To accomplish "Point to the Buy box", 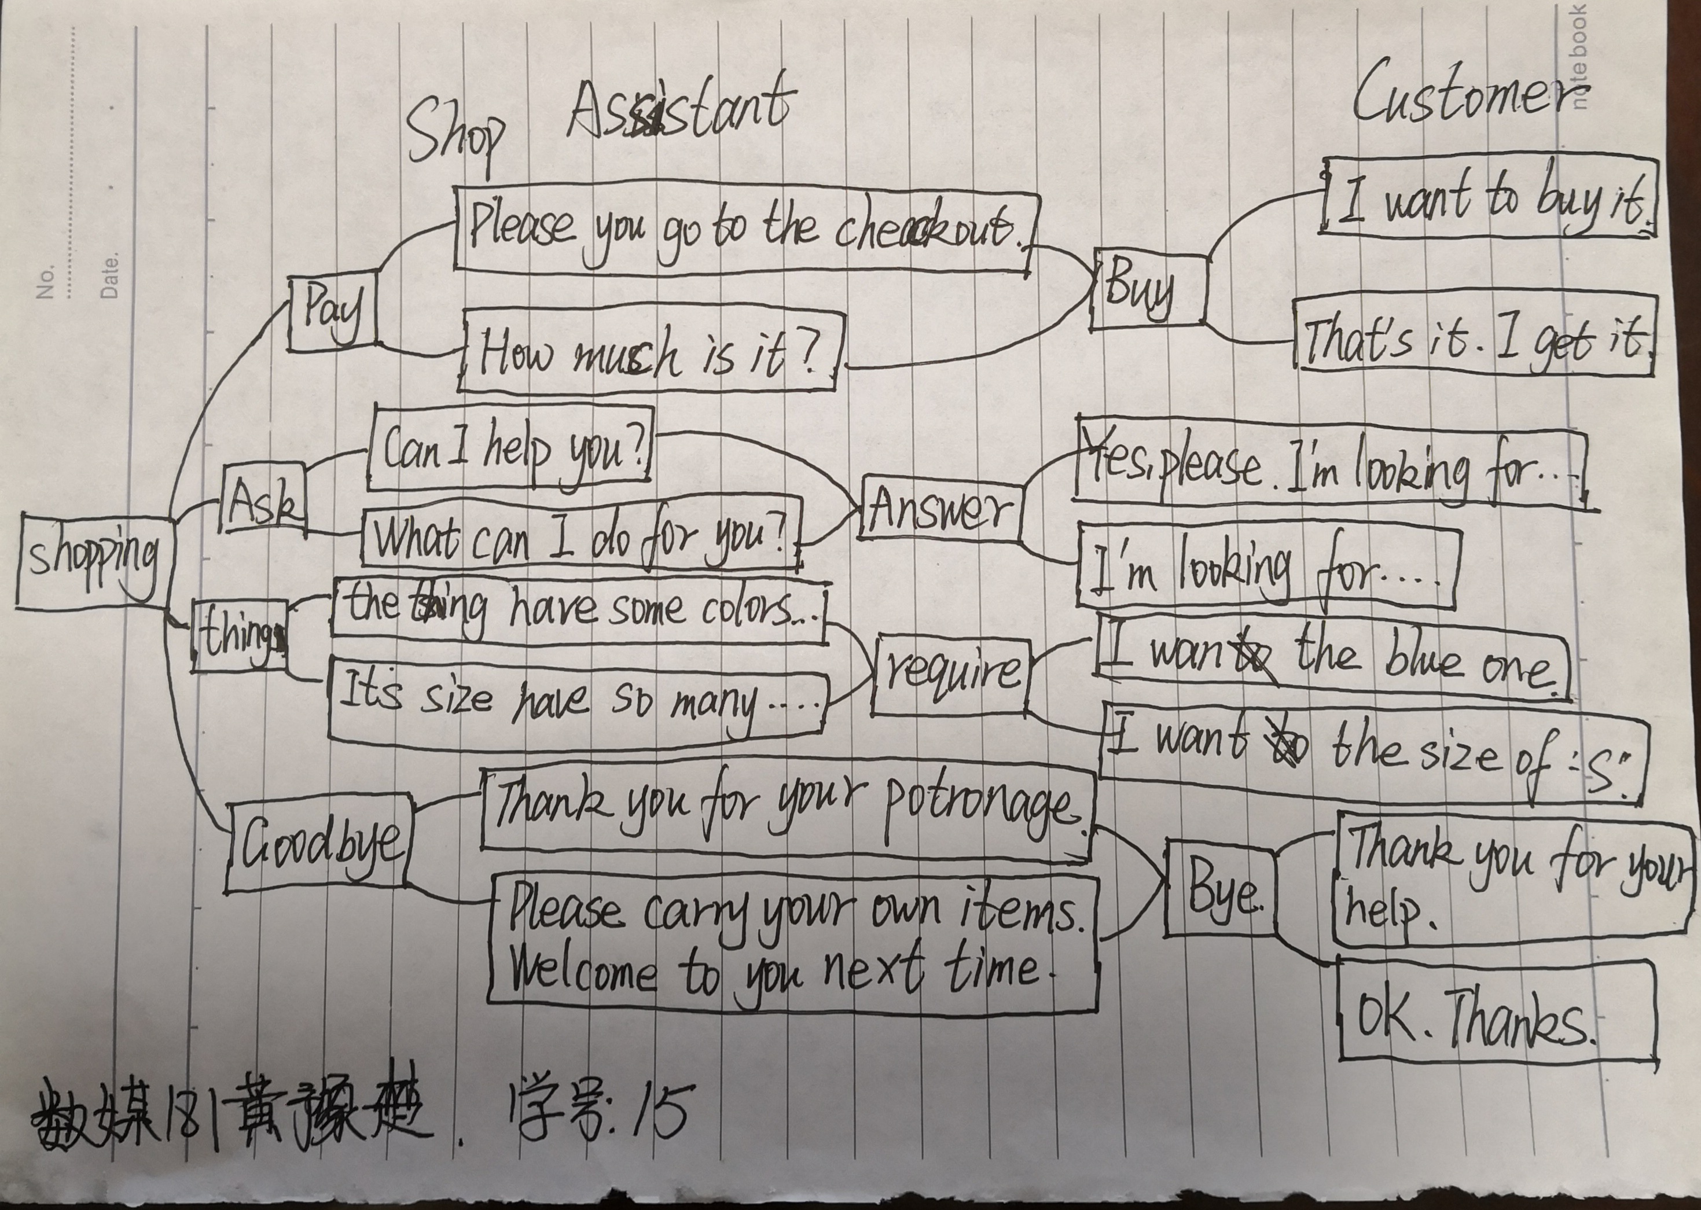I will coord(1148,290).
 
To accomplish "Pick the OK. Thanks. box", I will coord(1498,1012).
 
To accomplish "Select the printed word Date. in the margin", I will coord(109,277).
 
